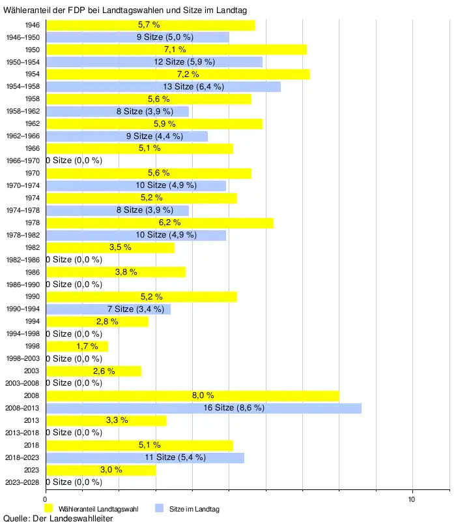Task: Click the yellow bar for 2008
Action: point(192,395)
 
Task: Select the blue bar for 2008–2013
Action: point(203,408)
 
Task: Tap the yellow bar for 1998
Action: point(77,346)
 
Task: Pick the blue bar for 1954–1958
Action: point(163,87)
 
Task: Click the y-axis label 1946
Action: point(32,25)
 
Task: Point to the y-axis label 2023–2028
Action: point(22,482)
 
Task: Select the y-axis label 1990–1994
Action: point(22,309)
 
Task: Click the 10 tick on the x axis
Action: point(412,499)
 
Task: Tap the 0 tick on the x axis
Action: point(45,499)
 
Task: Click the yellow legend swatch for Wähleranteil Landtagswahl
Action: point(48,508)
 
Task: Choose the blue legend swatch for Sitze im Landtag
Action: point(159,508)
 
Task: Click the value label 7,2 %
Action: point(178,74)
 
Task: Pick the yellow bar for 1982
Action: point(109,247)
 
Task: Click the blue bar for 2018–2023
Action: point(145,457)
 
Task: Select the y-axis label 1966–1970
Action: point(22,161)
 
